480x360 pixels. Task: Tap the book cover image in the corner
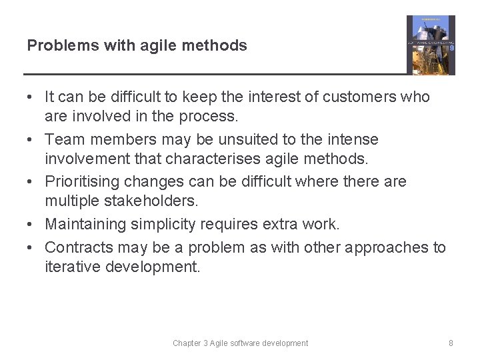pyautogui.click(x=431, y=45)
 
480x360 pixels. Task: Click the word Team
pyautogui.click(x=63, y=140)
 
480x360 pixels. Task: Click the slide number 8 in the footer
pyautogui.click(x=451, y=343)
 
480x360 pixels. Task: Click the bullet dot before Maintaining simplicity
pyautogui.click(x=32, y=225)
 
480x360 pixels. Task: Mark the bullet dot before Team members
pyautogui.click(x=32, y=140)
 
